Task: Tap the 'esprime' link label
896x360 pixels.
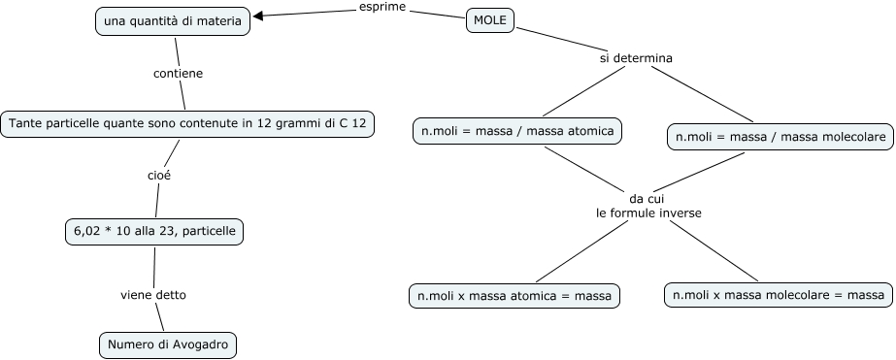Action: click(382, 9)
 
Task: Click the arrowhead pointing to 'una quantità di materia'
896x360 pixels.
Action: click(259, 16)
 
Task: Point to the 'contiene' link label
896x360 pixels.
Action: click(179, 73)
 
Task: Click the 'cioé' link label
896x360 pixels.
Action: click(159, 176)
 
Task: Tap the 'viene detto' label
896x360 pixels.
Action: click(153, 293)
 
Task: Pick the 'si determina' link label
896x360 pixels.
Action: click(636, 58)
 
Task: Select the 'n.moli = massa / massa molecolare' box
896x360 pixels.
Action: click(780, 138)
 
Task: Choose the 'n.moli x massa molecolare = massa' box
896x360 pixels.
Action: click(777, 294)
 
